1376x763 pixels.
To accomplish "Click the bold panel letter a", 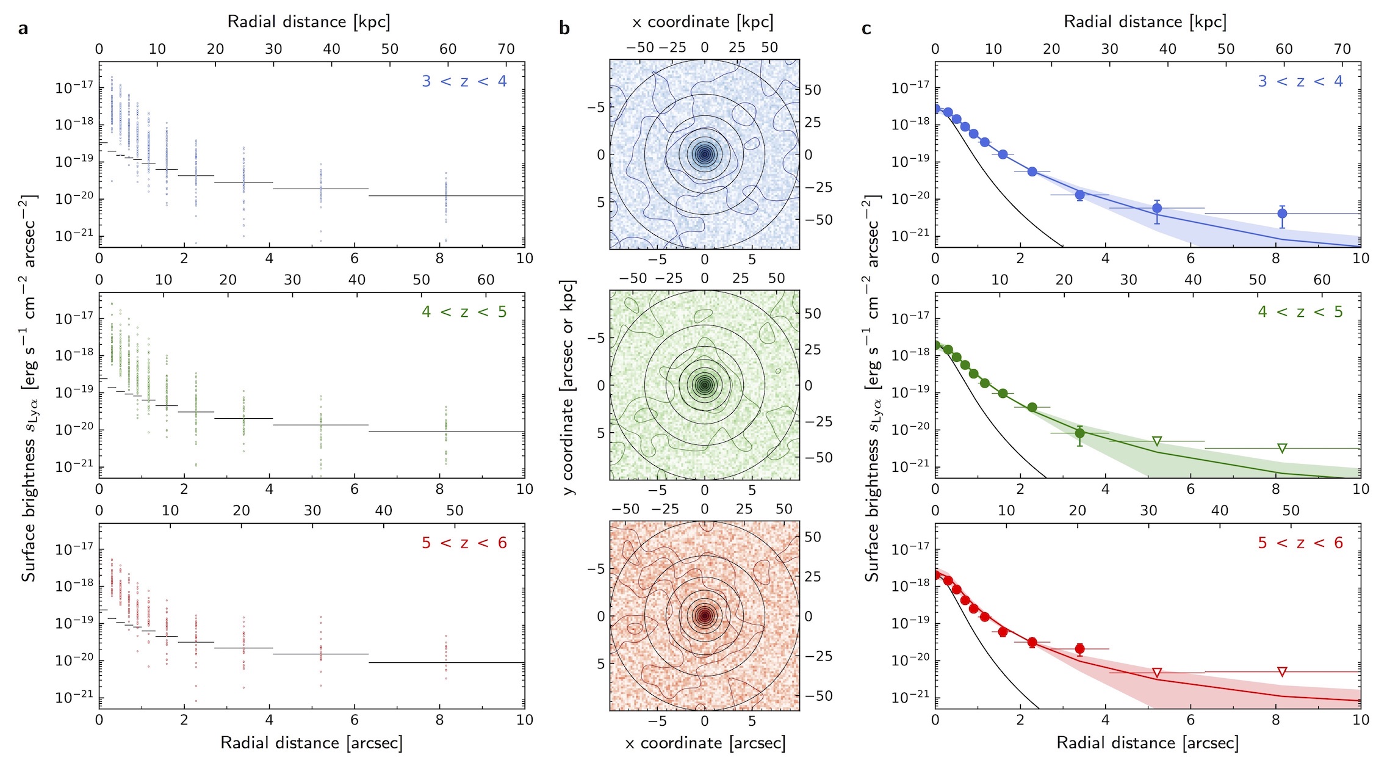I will coord(23,29).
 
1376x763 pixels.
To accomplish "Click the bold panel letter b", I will coord(564,29).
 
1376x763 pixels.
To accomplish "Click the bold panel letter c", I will coord(866,29).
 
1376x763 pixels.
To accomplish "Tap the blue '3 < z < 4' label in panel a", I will coord(464,81).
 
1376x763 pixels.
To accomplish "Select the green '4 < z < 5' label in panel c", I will coord(1300,312).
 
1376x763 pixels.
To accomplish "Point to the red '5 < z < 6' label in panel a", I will coord(464,543).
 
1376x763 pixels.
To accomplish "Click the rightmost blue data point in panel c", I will coord(1282,214).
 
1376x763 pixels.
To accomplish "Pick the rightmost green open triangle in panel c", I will coord(1282,449).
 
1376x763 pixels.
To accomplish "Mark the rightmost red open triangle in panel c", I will coord(1282,672).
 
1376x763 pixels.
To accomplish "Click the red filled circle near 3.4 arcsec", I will coord(1080,649).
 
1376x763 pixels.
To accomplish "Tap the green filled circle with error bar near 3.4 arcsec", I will coord(1080,433).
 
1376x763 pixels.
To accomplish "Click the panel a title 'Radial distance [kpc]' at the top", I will coord(309,22).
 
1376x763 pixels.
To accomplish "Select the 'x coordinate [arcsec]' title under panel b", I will coord(705,743).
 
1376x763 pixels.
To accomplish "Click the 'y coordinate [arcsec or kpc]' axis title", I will coord(569,387).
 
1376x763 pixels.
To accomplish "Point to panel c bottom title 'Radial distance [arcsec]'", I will coord(1147,743).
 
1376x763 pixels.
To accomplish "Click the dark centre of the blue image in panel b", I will coord(705,154).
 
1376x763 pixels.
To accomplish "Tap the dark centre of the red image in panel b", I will coord(705,616).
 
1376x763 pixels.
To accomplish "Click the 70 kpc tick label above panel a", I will coord(506,49).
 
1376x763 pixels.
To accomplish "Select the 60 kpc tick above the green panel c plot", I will coord(1322,280).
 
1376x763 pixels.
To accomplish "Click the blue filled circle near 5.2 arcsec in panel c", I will coord(1157,208).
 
